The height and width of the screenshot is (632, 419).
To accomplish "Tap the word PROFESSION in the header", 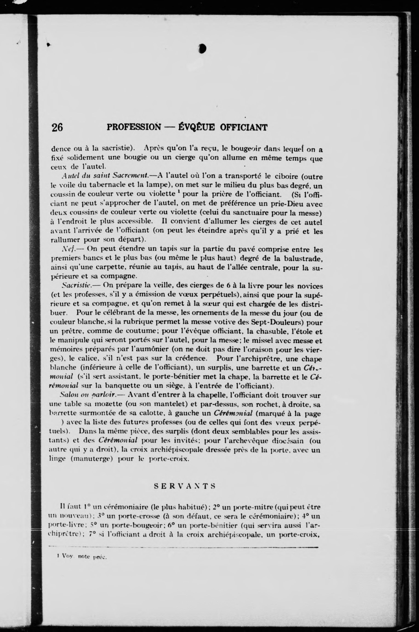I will point(134,127).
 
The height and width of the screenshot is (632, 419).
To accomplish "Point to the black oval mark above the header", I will point(202,48).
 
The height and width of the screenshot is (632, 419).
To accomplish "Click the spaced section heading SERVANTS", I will point(185,486).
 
